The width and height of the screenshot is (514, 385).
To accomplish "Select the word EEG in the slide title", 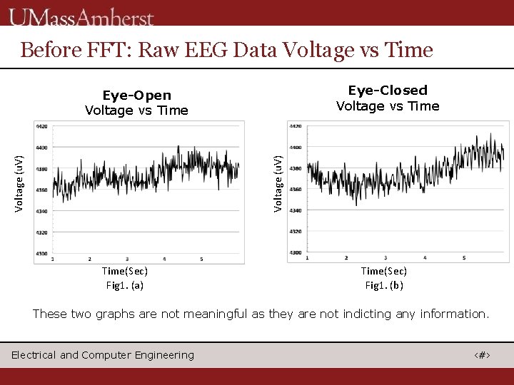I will [x=206, y=50].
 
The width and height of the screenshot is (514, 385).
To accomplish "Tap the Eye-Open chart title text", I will [x=136, y=96].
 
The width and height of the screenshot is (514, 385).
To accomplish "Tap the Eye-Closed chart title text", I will [x=388, y=91].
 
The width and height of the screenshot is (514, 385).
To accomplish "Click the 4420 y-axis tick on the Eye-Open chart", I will [x=41, y=127].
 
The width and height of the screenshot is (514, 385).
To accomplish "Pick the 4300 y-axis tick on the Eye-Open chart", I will [x=41, y=253].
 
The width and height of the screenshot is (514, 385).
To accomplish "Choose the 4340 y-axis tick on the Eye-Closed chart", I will [x=296, y=210].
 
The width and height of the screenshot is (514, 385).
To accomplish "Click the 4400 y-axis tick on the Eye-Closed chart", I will [x=296, y=147].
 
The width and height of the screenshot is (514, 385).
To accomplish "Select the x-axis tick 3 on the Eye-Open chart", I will [x=127, y=259].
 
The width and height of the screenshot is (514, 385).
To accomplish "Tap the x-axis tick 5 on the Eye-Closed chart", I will [x=464, y=257].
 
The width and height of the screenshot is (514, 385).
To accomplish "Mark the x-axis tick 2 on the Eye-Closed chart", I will [x=346, y=257].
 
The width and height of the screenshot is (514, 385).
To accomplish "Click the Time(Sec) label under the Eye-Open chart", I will [x=125, y=271].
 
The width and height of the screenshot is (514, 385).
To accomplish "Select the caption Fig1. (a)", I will [x=125, y=285].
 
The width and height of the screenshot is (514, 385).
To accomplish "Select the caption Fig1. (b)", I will [x=384, y=285].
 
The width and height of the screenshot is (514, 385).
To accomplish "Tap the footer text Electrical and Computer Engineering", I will [x=103, y=355].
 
